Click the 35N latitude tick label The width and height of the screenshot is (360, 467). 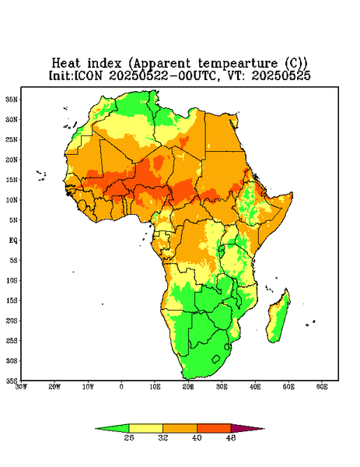pos(12,100)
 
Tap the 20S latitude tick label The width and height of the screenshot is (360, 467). pos(12,321)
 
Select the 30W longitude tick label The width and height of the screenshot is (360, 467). pos(21,387)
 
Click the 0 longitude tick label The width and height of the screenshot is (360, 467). pos(121,387)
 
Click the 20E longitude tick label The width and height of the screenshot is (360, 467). pos(188,387)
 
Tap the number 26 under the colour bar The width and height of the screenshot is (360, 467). pos(129,437)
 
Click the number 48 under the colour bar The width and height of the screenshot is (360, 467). pos(231,437)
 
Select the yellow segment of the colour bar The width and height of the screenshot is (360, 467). pos(145,428)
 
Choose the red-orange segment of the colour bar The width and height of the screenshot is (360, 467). pos(214,428)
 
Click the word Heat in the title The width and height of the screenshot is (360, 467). pos(66,63)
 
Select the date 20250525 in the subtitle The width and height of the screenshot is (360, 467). pos(281,75)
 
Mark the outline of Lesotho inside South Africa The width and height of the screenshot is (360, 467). pos(216,359)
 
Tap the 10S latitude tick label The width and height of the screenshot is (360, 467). pos(12,280)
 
